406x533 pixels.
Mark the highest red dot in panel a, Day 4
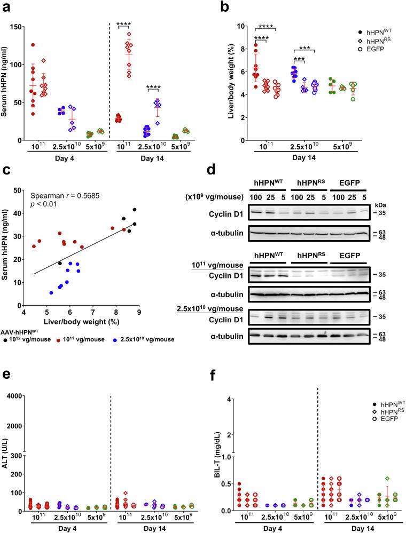coord(32,45)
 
